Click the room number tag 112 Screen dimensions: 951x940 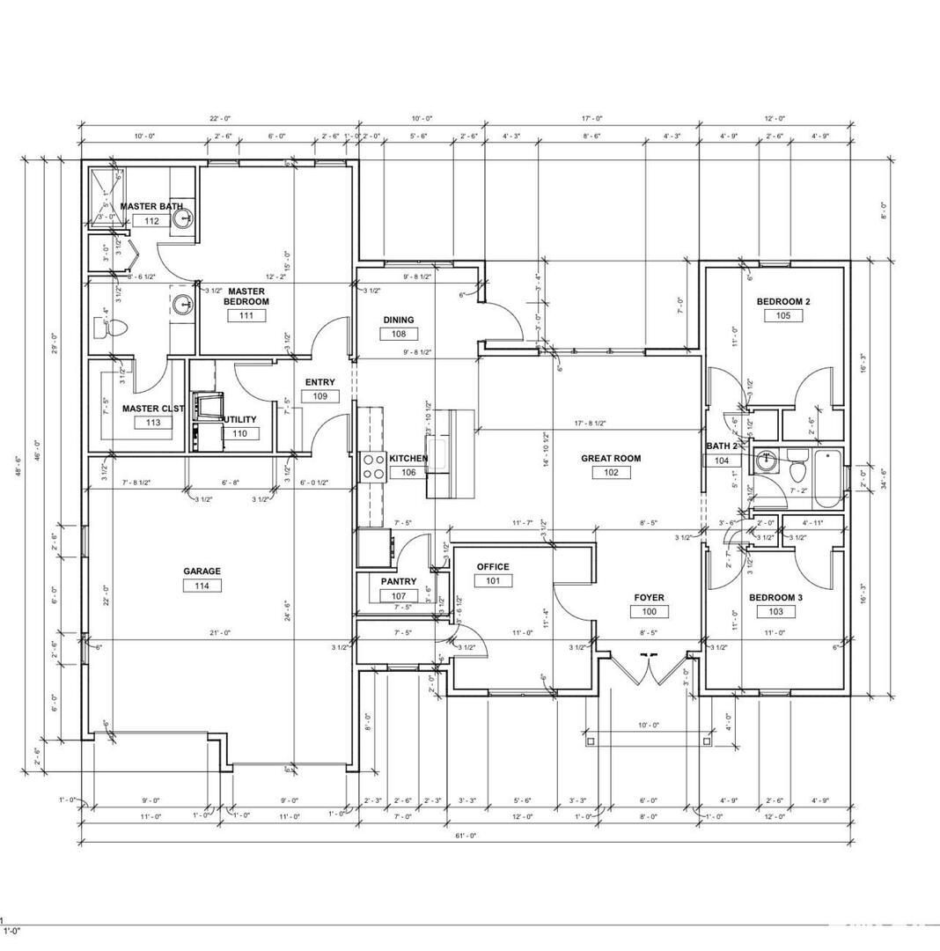(x=151, y=220)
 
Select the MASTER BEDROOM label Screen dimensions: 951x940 (x=246, y=296)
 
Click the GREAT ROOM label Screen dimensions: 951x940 (x=611, y=458)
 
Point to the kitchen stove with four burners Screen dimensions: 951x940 (x=374, y=465)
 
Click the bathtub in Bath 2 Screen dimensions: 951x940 (x=828, y=479)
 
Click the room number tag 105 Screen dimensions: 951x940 (x=783, y=315)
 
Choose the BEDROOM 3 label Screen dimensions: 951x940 (x=776, y=597)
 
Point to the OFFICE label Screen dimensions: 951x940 (x=493, y=566)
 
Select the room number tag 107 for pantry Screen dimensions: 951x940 (x=399, y=596)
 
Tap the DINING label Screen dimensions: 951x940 (x=399, y=320)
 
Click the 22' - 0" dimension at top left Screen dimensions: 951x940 (x=219, y=118)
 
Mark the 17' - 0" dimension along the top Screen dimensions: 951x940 (x=591, y=118)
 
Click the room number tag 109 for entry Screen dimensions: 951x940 (x=320, y=396)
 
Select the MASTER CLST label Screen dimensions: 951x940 (x=152, y=409)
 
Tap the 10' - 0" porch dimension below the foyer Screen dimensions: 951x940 (x=649, y=725)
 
